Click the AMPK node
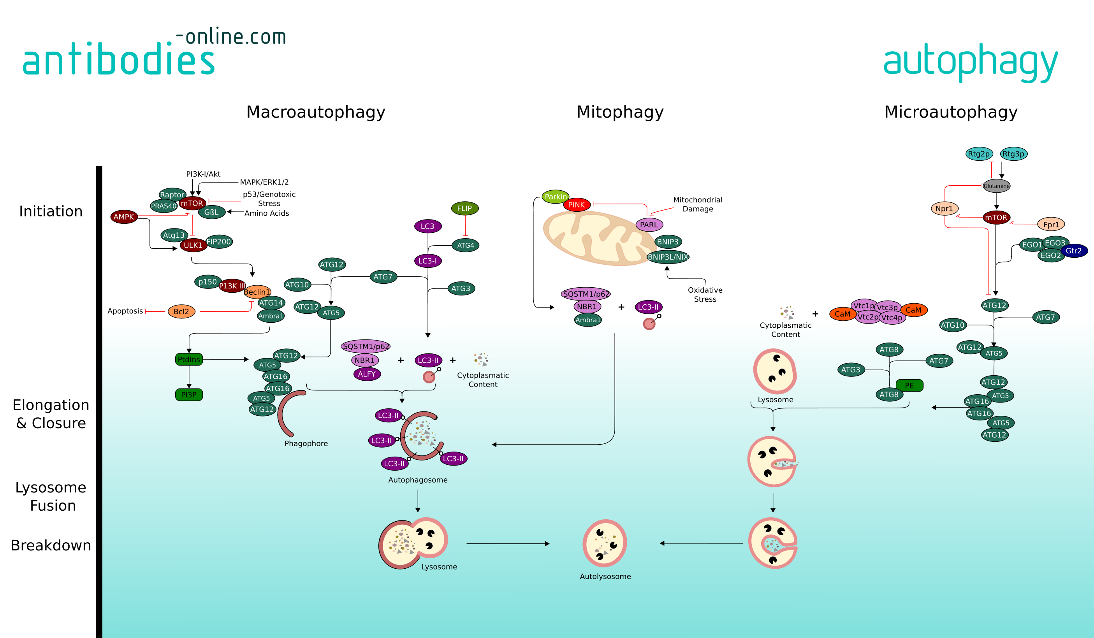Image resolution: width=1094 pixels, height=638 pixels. pyautogui.click(x=124, y=216)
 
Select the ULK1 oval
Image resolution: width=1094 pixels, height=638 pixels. pyautogui.click(x=193, y=245)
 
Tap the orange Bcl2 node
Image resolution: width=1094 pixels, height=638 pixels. pyautogui.click(x=181, y=311)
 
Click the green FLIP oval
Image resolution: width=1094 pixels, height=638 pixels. pyautogui.click(x=464, y=208)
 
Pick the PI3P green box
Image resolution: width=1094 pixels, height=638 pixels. pyautogui.click(x=189, y=395)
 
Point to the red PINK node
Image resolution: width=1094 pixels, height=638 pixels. pyautogui.click(x=577, y=204)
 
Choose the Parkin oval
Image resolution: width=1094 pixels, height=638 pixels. pyautogui.click(x=555, y=197)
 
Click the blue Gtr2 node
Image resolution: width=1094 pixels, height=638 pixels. pyautogui.click(x=1074, y=250)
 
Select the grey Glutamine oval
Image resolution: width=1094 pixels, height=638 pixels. pyautogui.click(x=996, y=186)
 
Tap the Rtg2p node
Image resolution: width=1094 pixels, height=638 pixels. pyautogui.click(x=979, y=154)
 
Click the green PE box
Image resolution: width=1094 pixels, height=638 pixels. pyautogui.click(x=909, y=385)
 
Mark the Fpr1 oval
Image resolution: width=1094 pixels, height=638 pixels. pyautogui.click(x=1051, y=224)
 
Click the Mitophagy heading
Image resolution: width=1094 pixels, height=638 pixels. pyautogui.click(x=619, y=112)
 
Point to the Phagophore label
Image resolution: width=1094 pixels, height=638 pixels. pyautogui.click(x=306, y=443)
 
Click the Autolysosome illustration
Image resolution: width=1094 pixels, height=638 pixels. pyautogui.click(x=605, y=543)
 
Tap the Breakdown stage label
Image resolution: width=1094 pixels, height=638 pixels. pyautogui.click(x=51, y=545)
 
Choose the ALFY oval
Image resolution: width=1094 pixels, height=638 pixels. pyautogui.click(x=367, y=374)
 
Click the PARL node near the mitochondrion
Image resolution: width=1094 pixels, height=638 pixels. pyautogui.click(x=649, y=224)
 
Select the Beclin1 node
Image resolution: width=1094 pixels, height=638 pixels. pyautogui.click(x=257, y=292)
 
